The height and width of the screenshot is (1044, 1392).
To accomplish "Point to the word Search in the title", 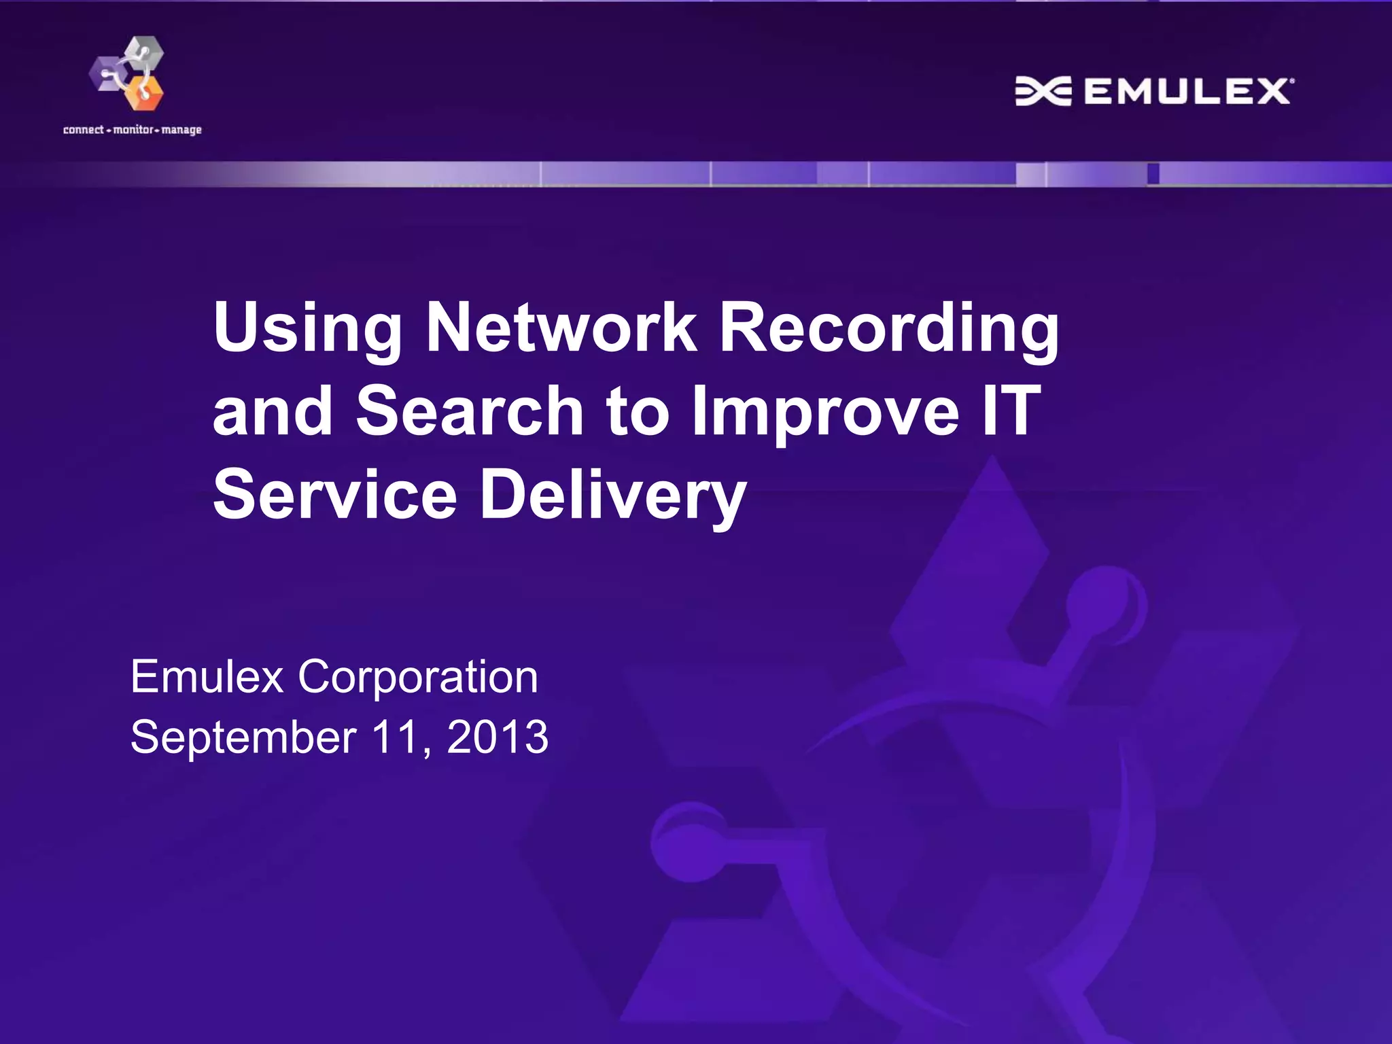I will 470,411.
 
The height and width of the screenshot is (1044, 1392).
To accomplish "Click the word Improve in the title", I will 826,411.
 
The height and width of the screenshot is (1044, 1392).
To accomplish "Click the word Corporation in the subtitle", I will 418,677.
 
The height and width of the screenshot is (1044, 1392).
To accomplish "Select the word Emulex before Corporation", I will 207,677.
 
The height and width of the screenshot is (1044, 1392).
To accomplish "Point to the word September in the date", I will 243,737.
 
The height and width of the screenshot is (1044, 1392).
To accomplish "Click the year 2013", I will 498,737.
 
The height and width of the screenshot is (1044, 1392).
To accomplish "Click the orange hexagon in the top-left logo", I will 144,92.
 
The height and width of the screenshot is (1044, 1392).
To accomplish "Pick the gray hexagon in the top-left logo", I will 146,53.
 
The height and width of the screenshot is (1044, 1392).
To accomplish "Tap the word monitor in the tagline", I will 133,130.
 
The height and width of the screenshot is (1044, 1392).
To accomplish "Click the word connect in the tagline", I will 83,130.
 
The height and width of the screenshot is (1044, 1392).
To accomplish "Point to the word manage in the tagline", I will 181,130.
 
